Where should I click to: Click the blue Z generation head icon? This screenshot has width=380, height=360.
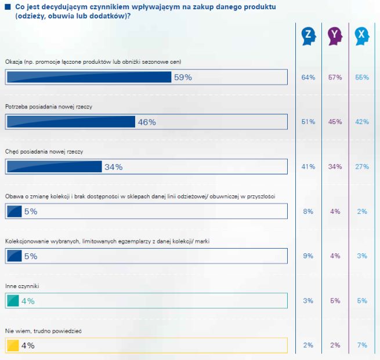pyautogui.click(x=309, y=37)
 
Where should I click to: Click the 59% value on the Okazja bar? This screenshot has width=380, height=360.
pyautogui.click(x=183, y=77)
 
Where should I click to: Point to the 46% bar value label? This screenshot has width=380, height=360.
pyautogui.click(x=147, y=122)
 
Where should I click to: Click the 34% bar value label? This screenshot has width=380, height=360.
pyautogui.click(x=113, y=167)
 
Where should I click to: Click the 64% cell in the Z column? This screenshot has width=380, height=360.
pyautogui.click(x=308, y=78)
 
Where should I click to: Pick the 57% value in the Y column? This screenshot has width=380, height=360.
pyautogui.click(x=335, y=78)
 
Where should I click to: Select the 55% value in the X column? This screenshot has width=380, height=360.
pyautogui.click(x=362, y=78)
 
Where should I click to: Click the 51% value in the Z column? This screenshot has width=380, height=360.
pyautogui.click(x=308, y=122)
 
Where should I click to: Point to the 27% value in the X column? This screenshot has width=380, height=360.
pyautogui.click(x=362, y=167)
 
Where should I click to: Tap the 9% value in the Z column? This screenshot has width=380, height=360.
pyautogui.click(x=308, y=256)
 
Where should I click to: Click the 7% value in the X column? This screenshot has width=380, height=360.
pyautogui.click(x=362, y=346)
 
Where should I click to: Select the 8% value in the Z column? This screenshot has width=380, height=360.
pyautogui.click(x=308, y=212)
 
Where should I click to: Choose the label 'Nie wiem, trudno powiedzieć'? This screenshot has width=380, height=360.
pyautogui.click(x=44, y=331)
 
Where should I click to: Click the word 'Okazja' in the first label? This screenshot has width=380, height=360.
pyautogui.click(x=15, y=61)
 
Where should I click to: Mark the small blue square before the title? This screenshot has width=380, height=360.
pyautogui.click(x=8, y=6)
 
